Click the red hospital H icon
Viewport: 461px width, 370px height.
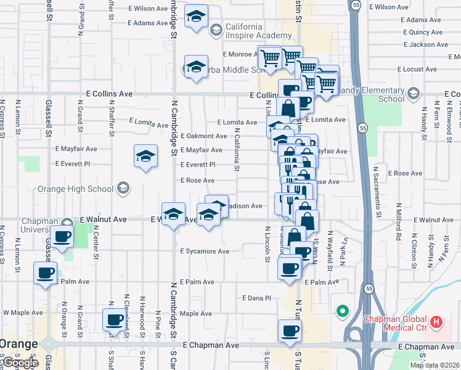[436, 321]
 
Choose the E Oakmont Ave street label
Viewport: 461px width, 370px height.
[204, 136]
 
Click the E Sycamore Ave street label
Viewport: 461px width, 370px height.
[205, 252]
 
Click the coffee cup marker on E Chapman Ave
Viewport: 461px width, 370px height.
[289, 331]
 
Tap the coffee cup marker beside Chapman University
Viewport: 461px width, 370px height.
[62, 237]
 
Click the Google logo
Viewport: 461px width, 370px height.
[20, 363]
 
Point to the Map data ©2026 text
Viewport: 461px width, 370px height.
[434, 365]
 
